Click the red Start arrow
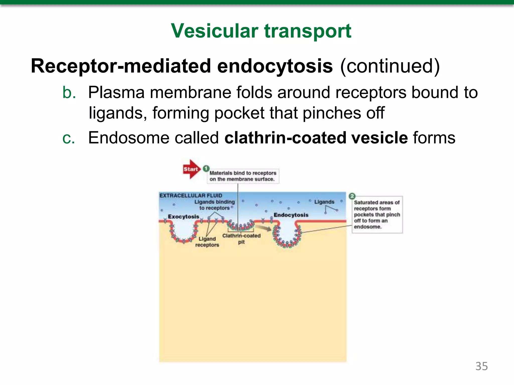point(191,169)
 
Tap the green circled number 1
point(206,169)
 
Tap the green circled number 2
point(352,196)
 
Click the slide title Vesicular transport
point(261,31)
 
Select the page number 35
point(481,366)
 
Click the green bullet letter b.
point(69,92)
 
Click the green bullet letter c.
point(69,138)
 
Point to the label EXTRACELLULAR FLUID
point(191,196)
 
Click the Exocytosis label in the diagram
point(183,217)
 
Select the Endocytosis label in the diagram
point(291,215)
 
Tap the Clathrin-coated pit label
point(241,239)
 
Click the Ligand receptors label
point(207,242)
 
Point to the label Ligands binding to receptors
point(215,205)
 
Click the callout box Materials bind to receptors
point(243,176)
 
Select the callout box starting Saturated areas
point(377,215)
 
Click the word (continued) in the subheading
point(390,66)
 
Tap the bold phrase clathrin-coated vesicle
point(316,138)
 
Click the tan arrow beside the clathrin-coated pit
point(264,228)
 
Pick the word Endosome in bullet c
point(128,138)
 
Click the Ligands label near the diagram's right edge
point(324,202)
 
